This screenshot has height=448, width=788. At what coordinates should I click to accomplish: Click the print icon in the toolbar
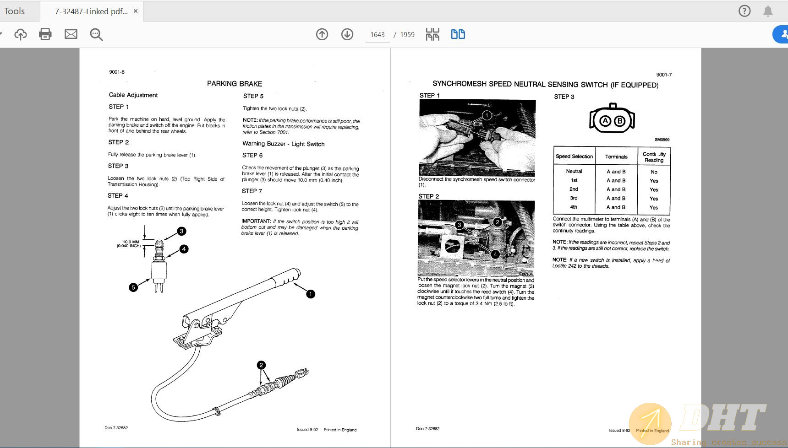click(x=45, y=34)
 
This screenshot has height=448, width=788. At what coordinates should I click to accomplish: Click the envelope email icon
click(x=71, y=34)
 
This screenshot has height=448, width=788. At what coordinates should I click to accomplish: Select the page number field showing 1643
click(x=377, y=35)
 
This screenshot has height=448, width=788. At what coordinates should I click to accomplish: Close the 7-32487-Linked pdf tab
click(x=136, y=11)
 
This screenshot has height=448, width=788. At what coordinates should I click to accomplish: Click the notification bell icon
click(x=768, y=11)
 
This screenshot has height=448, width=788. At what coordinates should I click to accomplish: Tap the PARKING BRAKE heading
click(x=234, y=84)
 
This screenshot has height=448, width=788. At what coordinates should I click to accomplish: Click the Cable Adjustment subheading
click(x=133, y=95)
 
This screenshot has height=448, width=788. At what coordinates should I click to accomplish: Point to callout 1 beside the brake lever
click(x=310, y=294)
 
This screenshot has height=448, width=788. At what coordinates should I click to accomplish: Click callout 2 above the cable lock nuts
click(x=261, y=365)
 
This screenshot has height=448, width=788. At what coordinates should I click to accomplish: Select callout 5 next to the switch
click(x=133, y=287)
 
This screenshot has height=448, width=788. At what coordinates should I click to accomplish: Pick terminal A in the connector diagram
click(x=605, y=121)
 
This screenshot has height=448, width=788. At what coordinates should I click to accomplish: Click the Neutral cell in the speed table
click(x=574, y=171)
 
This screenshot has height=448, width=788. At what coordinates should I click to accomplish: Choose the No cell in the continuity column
click(x=654, y=172)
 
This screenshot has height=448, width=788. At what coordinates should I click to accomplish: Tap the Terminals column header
click(x=616, y=157)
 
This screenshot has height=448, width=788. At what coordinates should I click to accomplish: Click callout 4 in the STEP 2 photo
click(x=495, y=254)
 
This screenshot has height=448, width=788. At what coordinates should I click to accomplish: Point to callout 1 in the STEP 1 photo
click(x=487, y=115)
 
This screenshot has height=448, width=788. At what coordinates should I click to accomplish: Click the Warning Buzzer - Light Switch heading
click(x=283, y=144)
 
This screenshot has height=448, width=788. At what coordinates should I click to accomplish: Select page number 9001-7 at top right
click(x=663, y=75)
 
